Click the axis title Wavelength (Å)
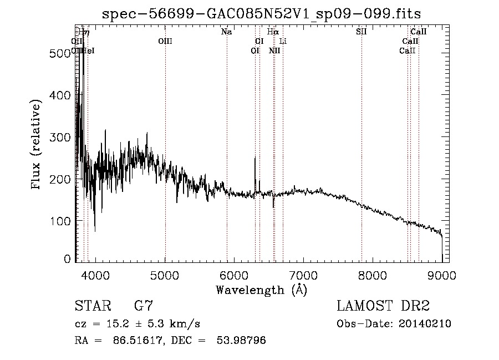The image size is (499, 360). click(261, 290)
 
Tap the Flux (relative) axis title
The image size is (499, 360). click(37, 145)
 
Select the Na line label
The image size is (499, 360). click(226, 32)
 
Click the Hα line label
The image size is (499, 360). click(273, 32)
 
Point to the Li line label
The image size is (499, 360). click(283, 41)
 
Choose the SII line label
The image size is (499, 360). click(361, 32)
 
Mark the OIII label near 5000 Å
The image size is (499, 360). click(165, 41)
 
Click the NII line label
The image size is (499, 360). click(274, 50)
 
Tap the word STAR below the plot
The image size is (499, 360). click(92, 306)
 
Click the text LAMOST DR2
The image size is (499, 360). click(383, 306)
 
